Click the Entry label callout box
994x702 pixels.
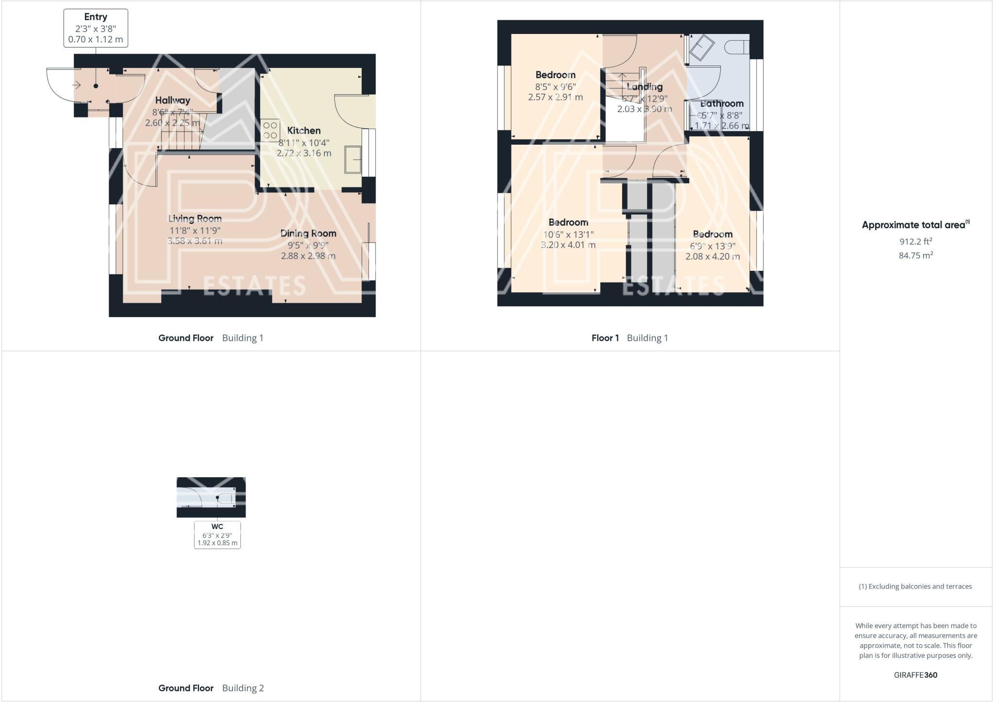pyautogui.click(x=96, y=28)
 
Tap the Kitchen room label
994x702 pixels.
pyautogui.click(x=304, y=131)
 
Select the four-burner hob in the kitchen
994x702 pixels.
pyautogui.click(x=270, y=130)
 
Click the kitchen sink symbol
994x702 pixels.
pyautogui.click(x=353, y=159)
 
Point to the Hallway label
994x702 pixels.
pyautogui.click(x=173, y=100)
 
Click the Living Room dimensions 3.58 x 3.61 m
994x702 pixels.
pyautogui.click(x=195, y=241)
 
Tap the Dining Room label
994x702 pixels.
pyautogui.click(x=308, y=234)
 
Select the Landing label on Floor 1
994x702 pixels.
pyautogui.click(x=645, y=87)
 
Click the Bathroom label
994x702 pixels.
pyautogui.click(x=722, y=103)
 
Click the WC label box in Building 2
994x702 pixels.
pyautogui.click(x=217, y=535)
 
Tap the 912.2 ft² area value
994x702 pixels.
pyautogui.click(x=915, y=241)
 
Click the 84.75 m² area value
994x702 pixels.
pyautogui.click(x=915, y=255)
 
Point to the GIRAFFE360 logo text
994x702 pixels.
pyautogui.click(x=915, y=675)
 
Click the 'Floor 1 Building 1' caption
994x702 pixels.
pyautogui.click(x=630, y=338)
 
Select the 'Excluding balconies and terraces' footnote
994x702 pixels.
pyautogui.click(x=915, y=586)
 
